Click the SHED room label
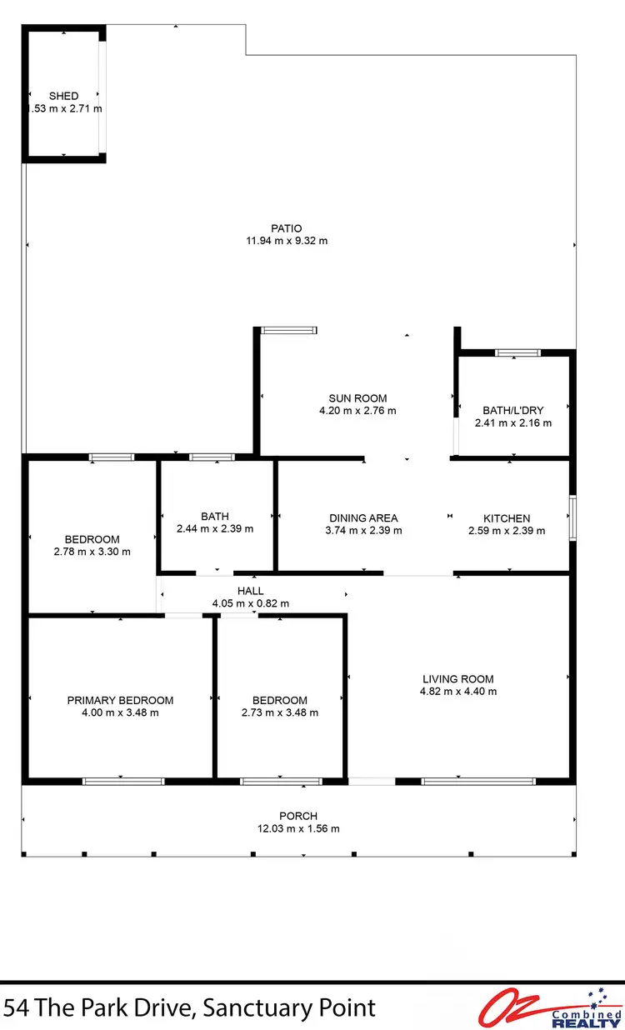(x=63, y=96)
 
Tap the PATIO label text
(x=286, y=228)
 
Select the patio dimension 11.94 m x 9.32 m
(x=286, y=241)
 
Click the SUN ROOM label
(x=357, y=398)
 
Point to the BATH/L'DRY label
(x=512, y=410)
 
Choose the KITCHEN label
(x=507, y=517)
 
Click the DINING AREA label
(x=363, y=517)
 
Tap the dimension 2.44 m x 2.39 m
(x=215, y=528)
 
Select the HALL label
(x=250, y=591)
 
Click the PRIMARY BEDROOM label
(x=120, y=700)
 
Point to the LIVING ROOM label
(x=457, y=678)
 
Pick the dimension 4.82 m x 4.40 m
(x=457, y=691)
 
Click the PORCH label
(x=298, y=816)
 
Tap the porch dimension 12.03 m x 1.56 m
(x=298, y=828)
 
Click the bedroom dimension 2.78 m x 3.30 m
(x=92, y=552)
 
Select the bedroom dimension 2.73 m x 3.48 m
(x=279, y=712)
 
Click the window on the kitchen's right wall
(x=572, y=517)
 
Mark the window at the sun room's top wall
(x=288, y=331)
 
